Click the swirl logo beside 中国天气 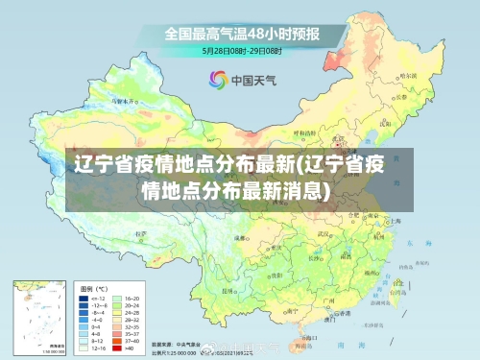[218, 80]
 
